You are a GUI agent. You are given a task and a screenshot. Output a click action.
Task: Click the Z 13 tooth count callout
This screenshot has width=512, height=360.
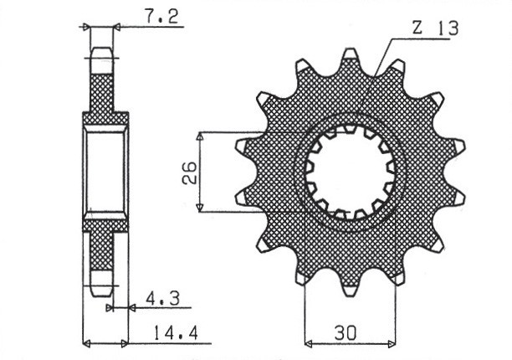point(435,28)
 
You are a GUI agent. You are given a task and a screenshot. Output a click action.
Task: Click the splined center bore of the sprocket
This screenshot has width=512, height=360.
point(351,172)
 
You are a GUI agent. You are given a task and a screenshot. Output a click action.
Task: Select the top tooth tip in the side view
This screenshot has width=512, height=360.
point(100,54)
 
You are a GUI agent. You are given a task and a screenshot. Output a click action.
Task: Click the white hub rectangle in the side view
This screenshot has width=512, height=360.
point(105,172)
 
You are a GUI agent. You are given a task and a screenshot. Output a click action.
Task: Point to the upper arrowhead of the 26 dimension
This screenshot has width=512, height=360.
point(200,136)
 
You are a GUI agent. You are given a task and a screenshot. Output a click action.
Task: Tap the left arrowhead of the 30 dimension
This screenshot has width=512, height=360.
point(308,342)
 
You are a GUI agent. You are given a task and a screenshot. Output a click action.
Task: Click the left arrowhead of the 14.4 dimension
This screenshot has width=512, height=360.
point(86,342)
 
